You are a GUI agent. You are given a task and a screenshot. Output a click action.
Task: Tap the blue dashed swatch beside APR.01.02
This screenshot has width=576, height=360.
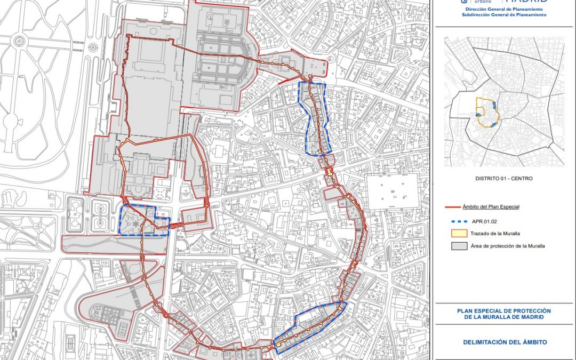click(458, 219)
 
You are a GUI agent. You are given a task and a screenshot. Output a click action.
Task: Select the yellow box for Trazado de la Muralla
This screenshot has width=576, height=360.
click(457, 233)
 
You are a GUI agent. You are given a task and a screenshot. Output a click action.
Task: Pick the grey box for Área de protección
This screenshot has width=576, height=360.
click(457, 246)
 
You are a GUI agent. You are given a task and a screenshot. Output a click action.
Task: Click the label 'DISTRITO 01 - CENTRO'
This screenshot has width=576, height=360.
click(503, 179)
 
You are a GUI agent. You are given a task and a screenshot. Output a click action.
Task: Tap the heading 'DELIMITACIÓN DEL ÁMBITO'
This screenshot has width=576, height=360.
click(505, 342)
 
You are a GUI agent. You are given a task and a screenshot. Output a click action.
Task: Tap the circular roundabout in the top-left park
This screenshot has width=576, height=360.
click(20, 41)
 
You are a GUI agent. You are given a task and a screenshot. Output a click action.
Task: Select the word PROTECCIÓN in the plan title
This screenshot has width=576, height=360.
click(529, 311)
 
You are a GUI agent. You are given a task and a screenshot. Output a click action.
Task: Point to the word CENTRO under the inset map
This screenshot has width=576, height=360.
click(521, 179)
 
